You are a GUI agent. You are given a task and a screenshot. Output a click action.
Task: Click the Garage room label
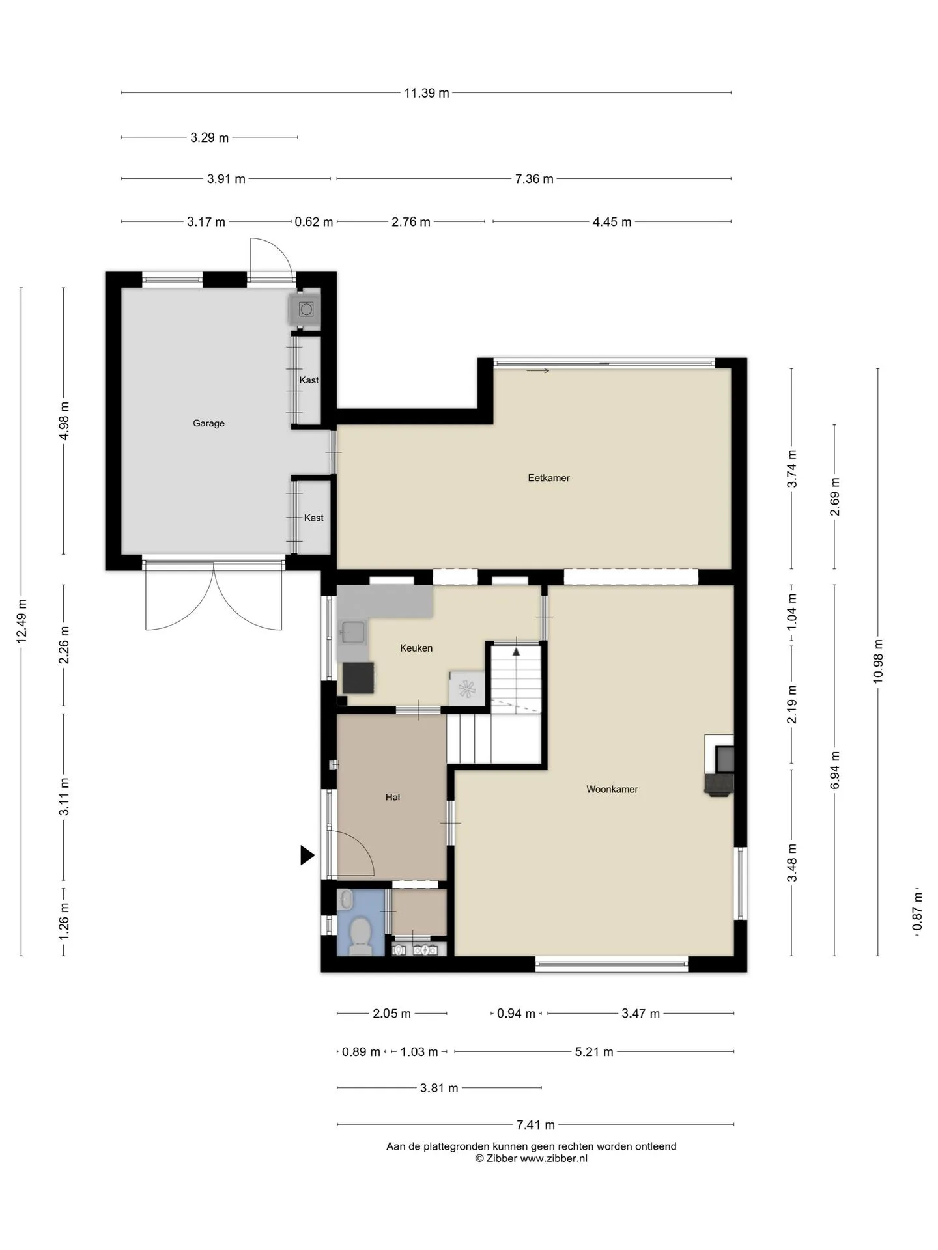pos(208,423)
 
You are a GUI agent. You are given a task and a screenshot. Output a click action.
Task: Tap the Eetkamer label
pos(548,478)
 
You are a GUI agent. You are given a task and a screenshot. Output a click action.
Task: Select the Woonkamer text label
pos(612,789)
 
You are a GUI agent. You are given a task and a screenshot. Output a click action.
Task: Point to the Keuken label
pos(416,648)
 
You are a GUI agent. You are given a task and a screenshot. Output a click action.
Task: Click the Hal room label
pos(392,797)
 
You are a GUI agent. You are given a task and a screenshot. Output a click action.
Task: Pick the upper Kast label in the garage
pos(309,380)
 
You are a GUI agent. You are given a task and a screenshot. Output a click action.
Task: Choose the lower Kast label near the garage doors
pos(313,518)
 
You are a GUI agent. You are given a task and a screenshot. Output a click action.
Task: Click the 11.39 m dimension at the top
pos(427,93)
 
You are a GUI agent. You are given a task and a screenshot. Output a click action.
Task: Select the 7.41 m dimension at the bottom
pos(535,1124)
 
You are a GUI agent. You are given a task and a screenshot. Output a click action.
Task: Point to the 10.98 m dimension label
pos(878,661)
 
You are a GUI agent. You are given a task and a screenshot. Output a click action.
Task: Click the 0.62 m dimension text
pos(313,222)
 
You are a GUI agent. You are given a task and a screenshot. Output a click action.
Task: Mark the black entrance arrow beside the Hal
pos(307,855)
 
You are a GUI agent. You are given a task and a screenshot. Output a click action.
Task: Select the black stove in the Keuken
pos(358,678)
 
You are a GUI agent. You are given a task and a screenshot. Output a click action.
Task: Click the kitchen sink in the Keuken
pos(352,632)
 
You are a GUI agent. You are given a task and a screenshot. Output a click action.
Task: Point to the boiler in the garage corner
pos(305,309)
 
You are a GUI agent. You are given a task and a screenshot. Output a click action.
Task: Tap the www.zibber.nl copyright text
pos(531,1158)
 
